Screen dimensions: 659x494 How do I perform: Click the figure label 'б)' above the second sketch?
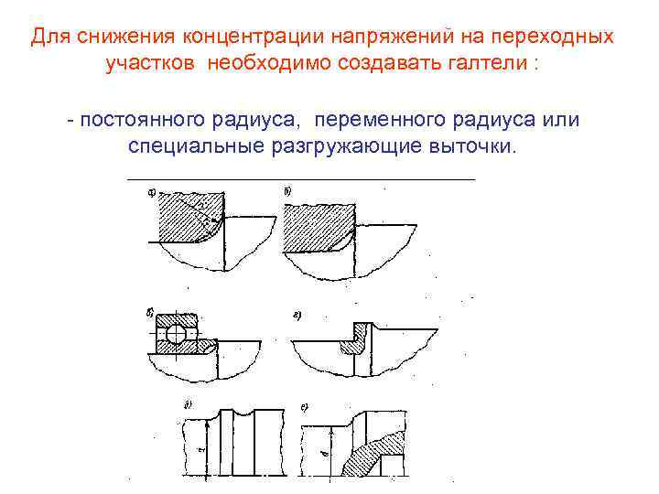tap(288, 191)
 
